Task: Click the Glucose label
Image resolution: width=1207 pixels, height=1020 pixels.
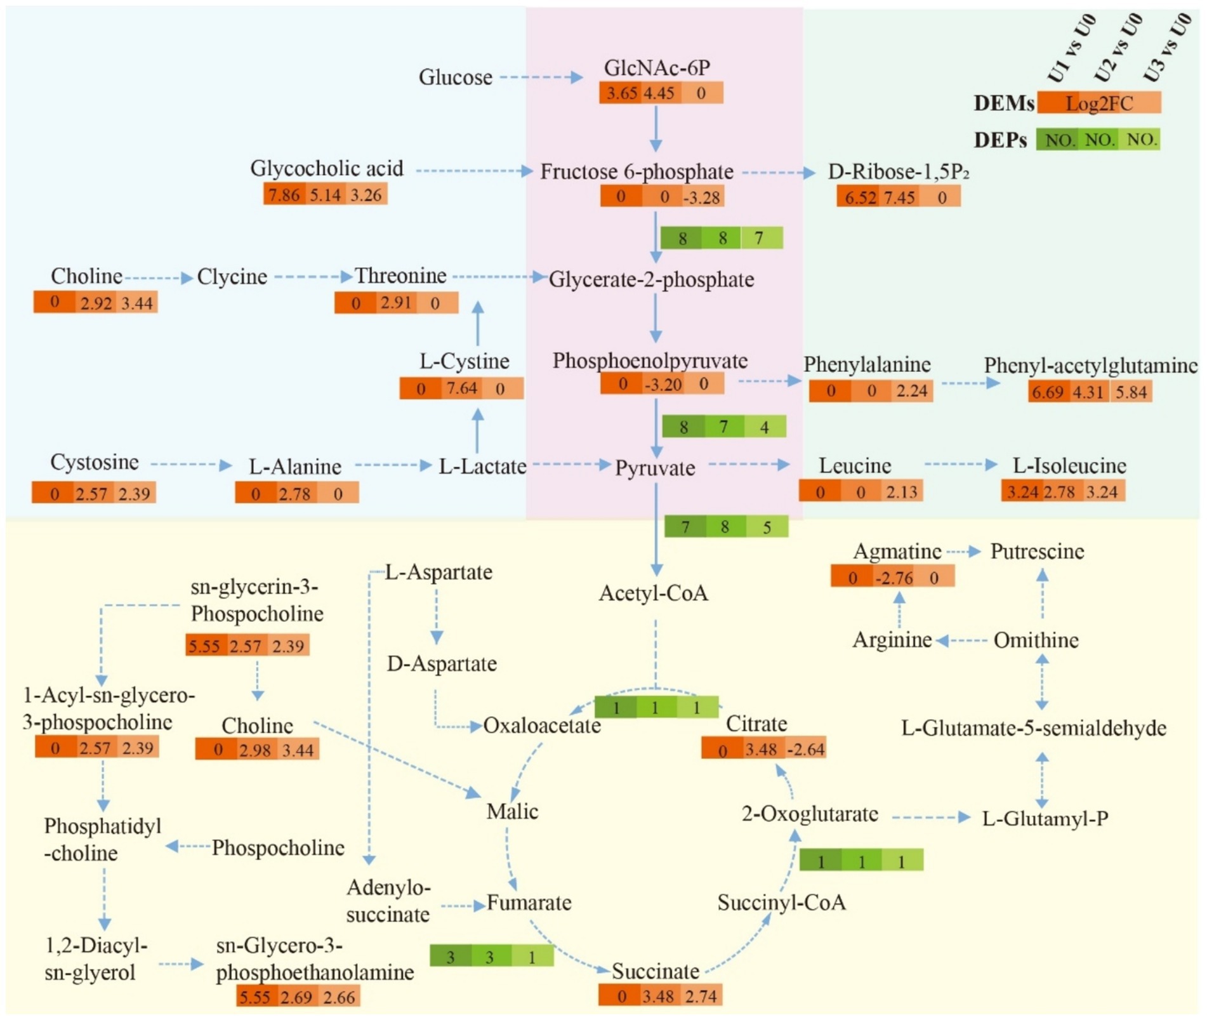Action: click(455, 77)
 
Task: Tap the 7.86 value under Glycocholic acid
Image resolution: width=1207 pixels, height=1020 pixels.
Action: click(284, 194)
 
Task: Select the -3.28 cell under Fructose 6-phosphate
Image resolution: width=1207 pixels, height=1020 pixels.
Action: click(702, 197)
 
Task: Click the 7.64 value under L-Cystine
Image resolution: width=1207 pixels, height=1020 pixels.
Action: click(461, 388)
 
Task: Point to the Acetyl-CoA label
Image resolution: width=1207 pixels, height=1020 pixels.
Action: click(654, 593)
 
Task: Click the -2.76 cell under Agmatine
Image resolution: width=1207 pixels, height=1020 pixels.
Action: click(894, 578)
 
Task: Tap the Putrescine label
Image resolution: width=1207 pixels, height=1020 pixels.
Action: click(1037, 552)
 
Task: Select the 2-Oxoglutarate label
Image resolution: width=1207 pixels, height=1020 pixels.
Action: click(810, 814)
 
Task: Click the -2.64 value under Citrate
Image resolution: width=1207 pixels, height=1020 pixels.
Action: click(805, 750)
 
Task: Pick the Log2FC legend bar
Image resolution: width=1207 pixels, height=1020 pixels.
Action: click(1099, 103)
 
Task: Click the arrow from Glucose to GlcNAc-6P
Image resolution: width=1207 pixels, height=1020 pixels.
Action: click(541, 77)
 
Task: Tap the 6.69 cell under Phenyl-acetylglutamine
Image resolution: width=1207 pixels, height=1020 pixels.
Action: click(1048, 392)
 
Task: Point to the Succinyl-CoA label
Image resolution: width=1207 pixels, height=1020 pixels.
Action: click(781, 903)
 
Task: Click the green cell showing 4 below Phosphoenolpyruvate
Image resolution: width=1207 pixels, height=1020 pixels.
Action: click(765, 427)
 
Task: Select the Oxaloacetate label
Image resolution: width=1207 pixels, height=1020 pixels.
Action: click(542, 725)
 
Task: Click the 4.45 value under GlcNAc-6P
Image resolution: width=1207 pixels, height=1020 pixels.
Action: click(659, 93)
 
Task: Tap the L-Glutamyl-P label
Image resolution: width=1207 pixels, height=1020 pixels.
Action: click(1045, 819)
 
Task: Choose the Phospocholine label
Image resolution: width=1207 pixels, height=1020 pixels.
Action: click(278, 847)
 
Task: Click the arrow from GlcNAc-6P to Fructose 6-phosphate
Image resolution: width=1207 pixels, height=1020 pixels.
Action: click(656, 129)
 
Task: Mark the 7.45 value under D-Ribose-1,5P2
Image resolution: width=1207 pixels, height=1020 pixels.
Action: click(900, 197)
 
